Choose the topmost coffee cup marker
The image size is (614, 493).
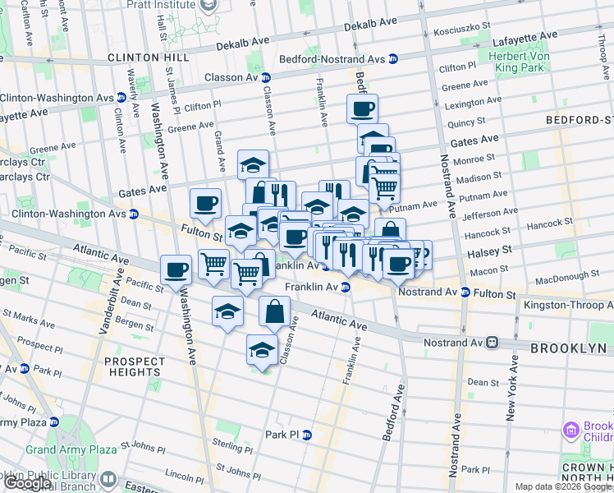click(x=362, y=108)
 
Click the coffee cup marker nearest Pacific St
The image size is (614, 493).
click(x=177, y=270)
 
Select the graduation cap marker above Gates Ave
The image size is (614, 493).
click(x=254, y=164)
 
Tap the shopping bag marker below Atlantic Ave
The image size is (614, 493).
click(x=275, y=311)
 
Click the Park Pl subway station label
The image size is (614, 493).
click(x=282, y=435)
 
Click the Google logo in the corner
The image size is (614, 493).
click(x=26, y=483)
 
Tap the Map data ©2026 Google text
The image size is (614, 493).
click(x=563, y=487)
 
